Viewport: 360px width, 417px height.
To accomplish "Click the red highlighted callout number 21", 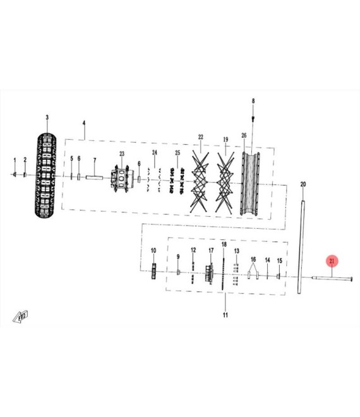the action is click(332, 261).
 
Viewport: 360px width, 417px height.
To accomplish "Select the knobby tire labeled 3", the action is click(45, 176).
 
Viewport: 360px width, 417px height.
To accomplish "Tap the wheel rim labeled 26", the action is click(250, 183).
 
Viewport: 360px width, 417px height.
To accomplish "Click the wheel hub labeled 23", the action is click(121, 178).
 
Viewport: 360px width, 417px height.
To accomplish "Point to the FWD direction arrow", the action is click(20, 317).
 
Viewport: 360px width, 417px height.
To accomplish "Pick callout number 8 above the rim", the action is click(253, 101).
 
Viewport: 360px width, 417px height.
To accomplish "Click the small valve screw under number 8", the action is click(253, 118).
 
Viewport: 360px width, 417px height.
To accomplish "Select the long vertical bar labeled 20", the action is click(301, 247).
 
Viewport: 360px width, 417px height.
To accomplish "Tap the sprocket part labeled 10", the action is click(153, 271).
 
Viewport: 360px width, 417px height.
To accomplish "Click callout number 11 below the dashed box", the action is click(225, 315).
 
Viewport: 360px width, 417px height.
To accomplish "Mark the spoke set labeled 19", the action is click(225, 183).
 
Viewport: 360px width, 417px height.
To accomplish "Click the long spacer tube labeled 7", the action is click(94, 178).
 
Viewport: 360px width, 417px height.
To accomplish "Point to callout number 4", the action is click(84, 123).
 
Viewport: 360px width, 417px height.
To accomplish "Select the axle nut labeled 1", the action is click(15, 174).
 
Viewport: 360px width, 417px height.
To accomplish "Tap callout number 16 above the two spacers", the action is click(253, 259).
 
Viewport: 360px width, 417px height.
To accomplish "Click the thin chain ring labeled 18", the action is click(224, 274).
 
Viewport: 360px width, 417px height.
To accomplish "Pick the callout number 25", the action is click(177, 153).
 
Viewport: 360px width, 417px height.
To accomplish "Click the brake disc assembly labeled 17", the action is click(210, 274).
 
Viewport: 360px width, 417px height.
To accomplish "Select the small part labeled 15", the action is click(279, 277).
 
